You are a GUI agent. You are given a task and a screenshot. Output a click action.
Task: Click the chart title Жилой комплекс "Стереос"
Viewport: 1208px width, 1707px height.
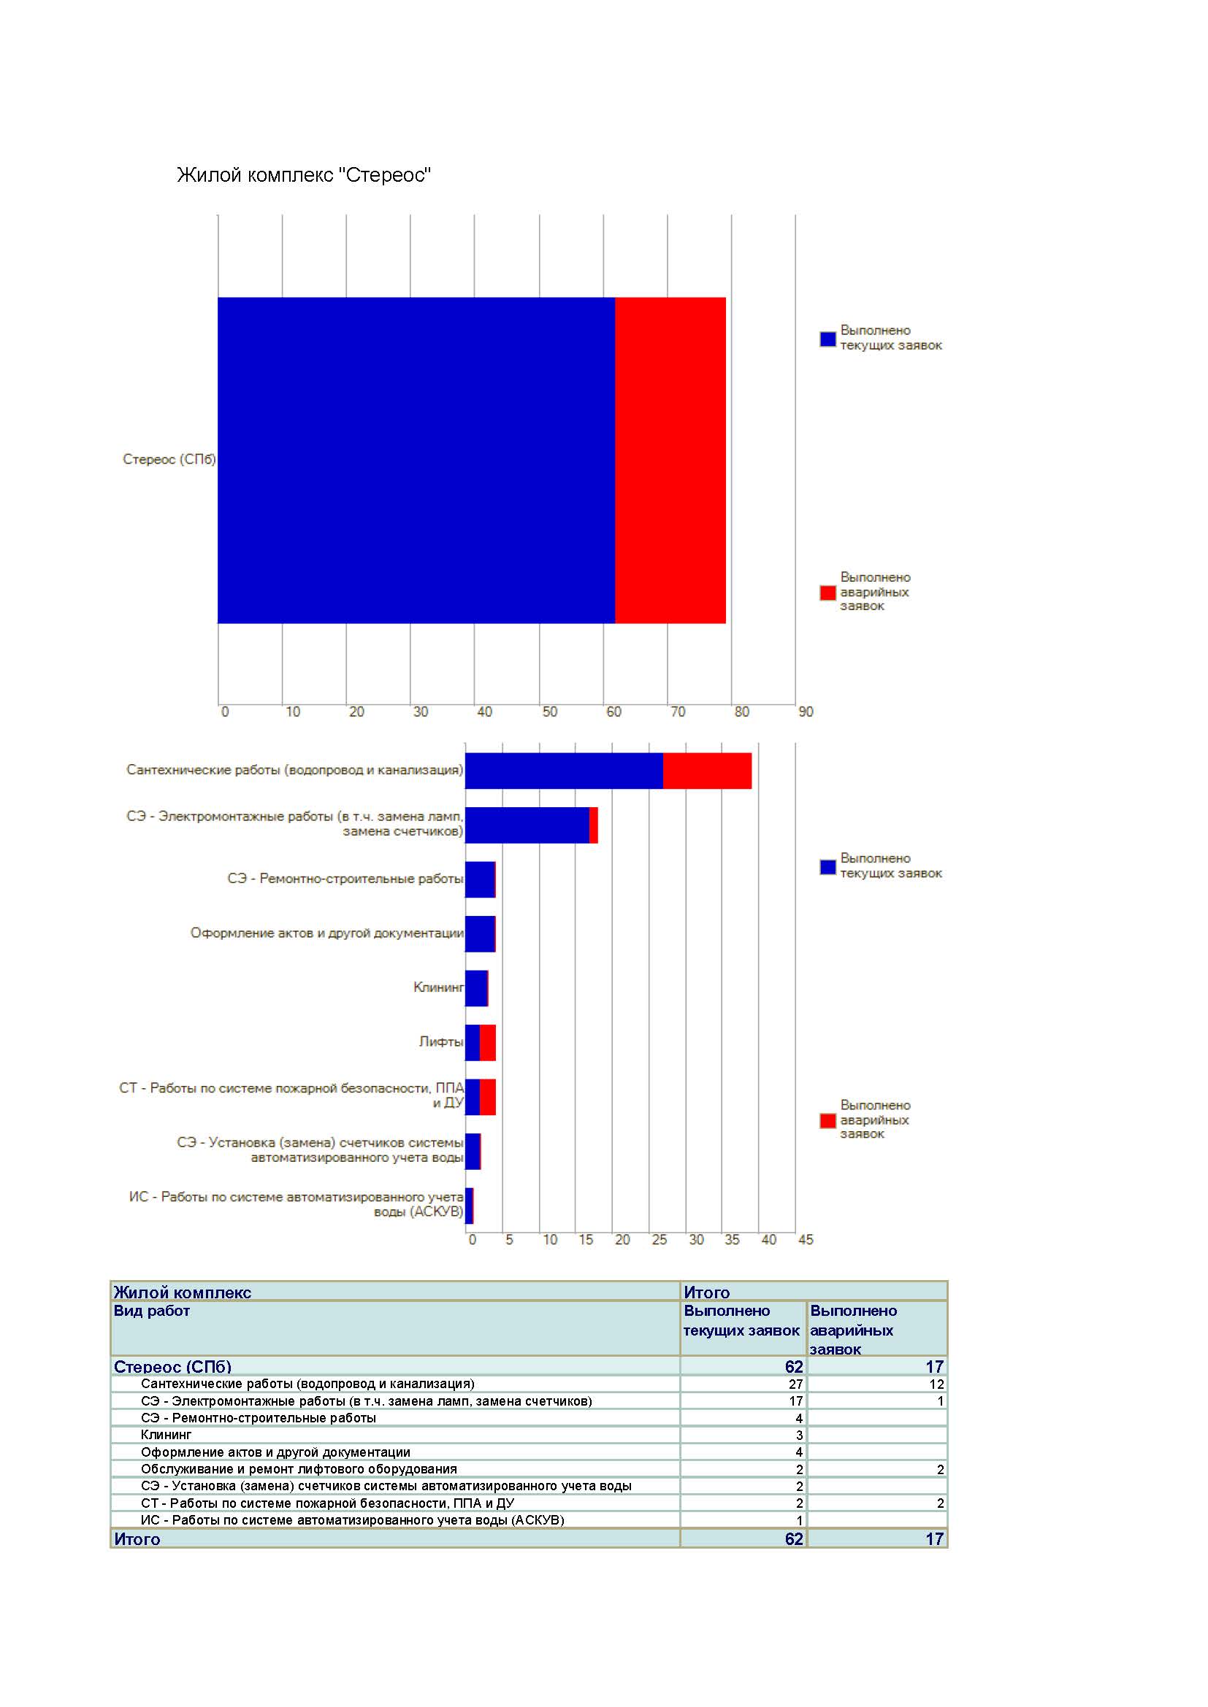pyautogui.click(x=304, y=175)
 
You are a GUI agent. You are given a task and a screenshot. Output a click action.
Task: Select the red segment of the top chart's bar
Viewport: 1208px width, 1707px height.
pyautogui.click(x=670, y=461)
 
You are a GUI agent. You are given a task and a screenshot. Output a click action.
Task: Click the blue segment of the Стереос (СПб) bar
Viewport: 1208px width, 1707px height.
pyautogui.click(x=416, y=461)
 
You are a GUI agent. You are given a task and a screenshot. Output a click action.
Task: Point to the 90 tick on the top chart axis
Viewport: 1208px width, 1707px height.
pyautogui.click(x=806, y=712)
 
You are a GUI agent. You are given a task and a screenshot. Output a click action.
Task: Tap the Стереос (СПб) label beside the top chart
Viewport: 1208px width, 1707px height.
pyautogui.click(x=169, y=460)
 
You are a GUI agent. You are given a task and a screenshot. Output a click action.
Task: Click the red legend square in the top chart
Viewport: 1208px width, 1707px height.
pyautogui.click(x=828, y=593)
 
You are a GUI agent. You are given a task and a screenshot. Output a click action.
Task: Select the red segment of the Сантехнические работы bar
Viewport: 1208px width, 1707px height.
pyautogui.click(x=708, y=771)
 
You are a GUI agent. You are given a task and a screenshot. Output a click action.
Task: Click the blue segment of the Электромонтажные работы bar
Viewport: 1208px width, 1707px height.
pyautogui.click(x=527, y=825)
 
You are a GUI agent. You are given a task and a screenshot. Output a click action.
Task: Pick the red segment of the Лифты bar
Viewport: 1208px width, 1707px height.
pyautogui.click(x=488, y=1042)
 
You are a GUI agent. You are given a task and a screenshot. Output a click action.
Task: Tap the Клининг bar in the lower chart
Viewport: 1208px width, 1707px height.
pyautogui.click(x=477, y=988)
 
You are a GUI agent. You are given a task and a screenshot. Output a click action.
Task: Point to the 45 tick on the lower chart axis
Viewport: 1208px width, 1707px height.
pyautogui.click(x=806, y=1240)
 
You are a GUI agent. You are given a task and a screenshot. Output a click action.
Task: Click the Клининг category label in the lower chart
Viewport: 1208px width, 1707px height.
pyautogui.click(x=438, y=987)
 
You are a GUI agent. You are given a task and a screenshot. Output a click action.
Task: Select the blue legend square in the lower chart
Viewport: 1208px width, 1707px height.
pyautogui.click(x=828, y=867)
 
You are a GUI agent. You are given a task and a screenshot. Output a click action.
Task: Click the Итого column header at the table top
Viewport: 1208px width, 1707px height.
pyautogui.click(x=707, y=1292)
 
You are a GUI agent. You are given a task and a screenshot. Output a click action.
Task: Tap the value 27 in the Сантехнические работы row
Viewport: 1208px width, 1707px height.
pyautogui.click(x=796, y=1384)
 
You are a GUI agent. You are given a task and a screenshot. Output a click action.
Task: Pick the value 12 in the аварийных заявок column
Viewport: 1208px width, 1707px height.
pyautogui.click(x=936, y=1384)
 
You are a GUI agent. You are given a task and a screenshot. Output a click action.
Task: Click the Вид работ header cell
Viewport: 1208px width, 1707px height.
pyautogui.click(x=152, y=1311)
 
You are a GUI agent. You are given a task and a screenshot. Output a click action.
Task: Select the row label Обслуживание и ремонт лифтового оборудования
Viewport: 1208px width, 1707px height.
pyautogui.click(x=299, y=1469)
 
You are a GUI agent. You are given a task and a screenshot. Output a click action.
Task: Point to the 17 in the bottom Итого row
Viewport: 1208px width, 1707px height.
pyautogui.click(x=935, y=1539)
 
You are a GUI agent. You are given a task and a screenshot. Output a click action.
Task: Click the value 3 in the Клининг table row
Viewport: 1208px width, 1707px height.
pyautogui.click(x=800, y=1436)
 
